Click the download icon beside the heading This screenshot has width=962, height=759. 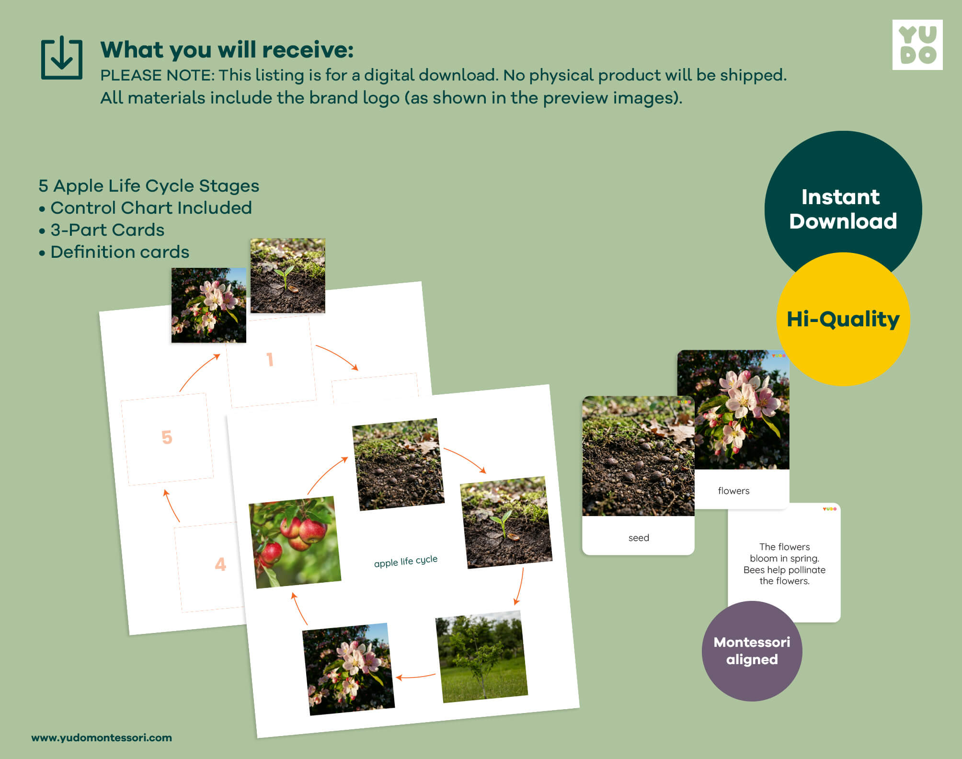click(x=62, y=57)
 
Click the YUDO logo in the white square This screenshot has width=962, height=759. click(x=917, y=45)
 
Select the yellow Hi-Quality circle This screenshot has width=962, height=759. click(x=843, y=319)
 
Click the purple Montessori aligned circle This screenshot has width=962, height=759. click(x=752, y=651)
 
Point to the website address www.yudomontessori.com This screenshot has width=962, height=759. click(x=102, y=737)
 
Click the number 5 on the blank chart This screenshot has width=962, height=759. click(x=167, y=437)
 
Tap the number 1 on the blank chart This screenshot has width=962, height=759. click(x=270, y=359)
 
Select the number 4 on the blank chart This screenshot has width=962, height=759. click(x=220, y=564)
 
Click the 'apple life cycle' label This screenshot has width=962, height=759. click(x=406, y=561)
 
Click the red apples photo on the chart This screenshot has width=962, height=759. click(x=295, y=542)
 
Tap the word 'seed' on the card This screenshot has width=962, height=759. click(x=639, y=538)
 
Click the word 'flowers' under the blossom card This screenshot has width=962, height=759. click(x=733, y=491)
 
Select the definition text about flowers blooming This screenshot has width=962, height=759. click(x=785, y=564)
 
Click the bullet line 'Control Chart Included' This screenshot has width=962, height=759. click(x=145, y=208)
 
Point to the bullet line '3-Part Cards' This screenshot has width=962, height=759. click(x=102, y=230)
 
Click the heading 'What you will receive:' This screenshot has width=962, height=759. click(x=227, y=50)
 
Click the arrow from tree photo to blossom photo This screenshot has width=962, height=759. click(x=416, y=677)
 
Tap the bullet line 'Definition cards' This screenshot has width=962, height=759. click(x=114, y=252)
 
